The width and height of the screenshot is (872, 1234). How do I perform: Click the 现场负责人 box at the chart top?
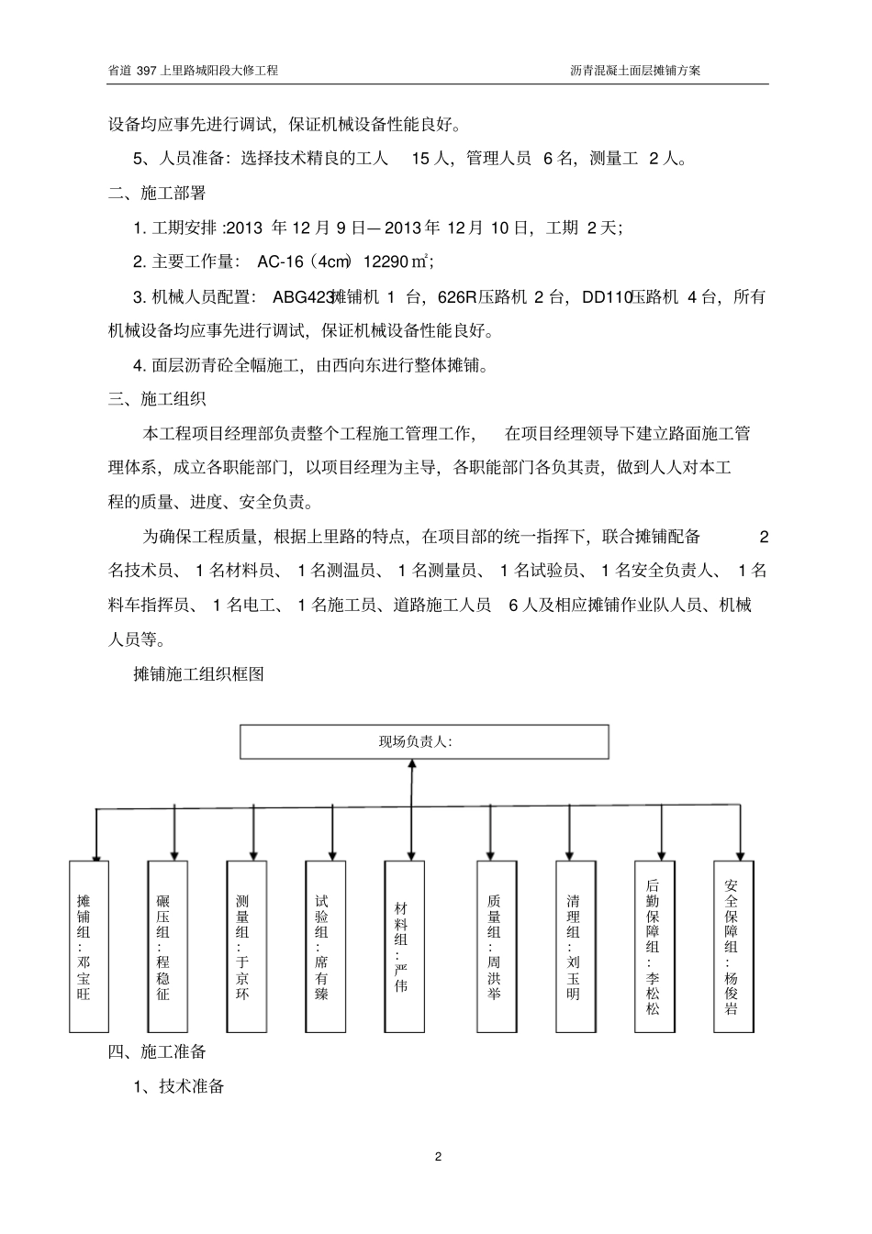coord(424,741)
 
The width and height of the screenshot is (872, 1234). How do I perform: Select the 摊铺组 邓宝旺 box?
coord(88,945)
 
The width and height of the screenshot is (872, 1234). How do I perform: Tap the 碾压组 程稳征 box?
coord(166,945)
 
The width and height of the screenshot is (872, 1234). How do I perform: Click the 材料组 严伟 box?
coord(404,945)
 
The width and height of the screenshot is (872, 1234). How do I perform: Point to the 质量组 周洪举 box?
coord(497,945)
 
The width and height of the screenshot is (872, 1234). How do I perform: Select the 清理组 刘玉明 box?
coord(576,945)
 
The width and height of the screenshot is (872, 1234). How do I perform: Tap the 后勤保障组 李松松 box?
coord(654,945)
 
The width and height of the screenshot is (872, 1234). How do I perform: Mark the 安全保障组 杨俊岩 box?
coord(733,945)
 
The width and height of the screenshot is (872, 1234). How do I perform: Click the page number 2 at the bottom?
coord(438,1156)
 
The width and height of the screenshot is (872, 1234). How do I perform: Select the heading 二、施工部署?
coord(156,194)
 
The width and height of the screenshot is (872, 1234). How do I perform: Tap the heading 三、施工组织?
coord(156,399)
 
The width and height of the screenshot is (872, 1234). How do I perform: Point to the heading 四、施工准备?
coord(156,1051)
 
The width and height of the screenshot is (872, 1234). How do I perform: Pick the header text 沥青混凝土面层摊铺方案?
coord(635,70)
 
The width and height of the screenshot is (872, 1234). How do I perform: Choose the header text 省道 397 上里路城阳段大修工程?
coord(193,70)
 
